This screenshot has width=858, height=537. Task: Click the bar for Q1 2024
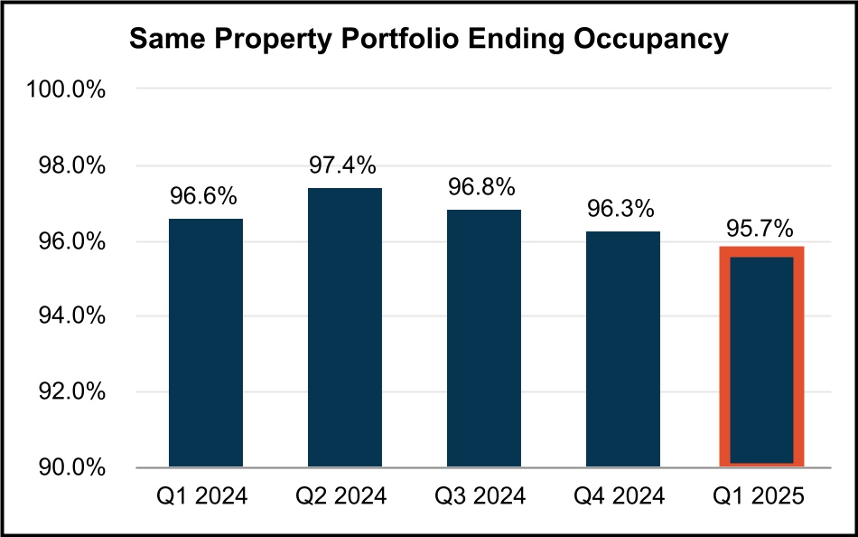tap(206, 343)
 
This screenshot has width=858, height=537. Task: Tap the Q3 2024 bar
tap(482, 338)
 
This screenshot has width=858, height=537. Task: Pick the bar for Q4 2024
tap(621, 349)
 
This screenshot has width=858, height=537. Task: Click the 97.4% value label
tap(344, 165)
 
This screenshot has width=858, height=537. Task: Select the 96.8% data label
tap(482, 188)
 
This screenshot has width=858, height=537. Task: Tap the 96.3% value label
tap(621, 210)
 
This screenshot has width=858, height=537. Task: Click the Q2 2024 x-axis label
tap(344, 496)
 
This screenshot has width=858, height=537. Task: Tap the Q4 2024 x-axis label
tap(621, 496)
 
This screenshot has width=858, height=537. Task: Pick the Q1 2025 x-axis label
tap(760, 496)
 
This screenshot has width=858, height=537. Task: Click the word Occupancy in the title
tap(649, 40)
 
